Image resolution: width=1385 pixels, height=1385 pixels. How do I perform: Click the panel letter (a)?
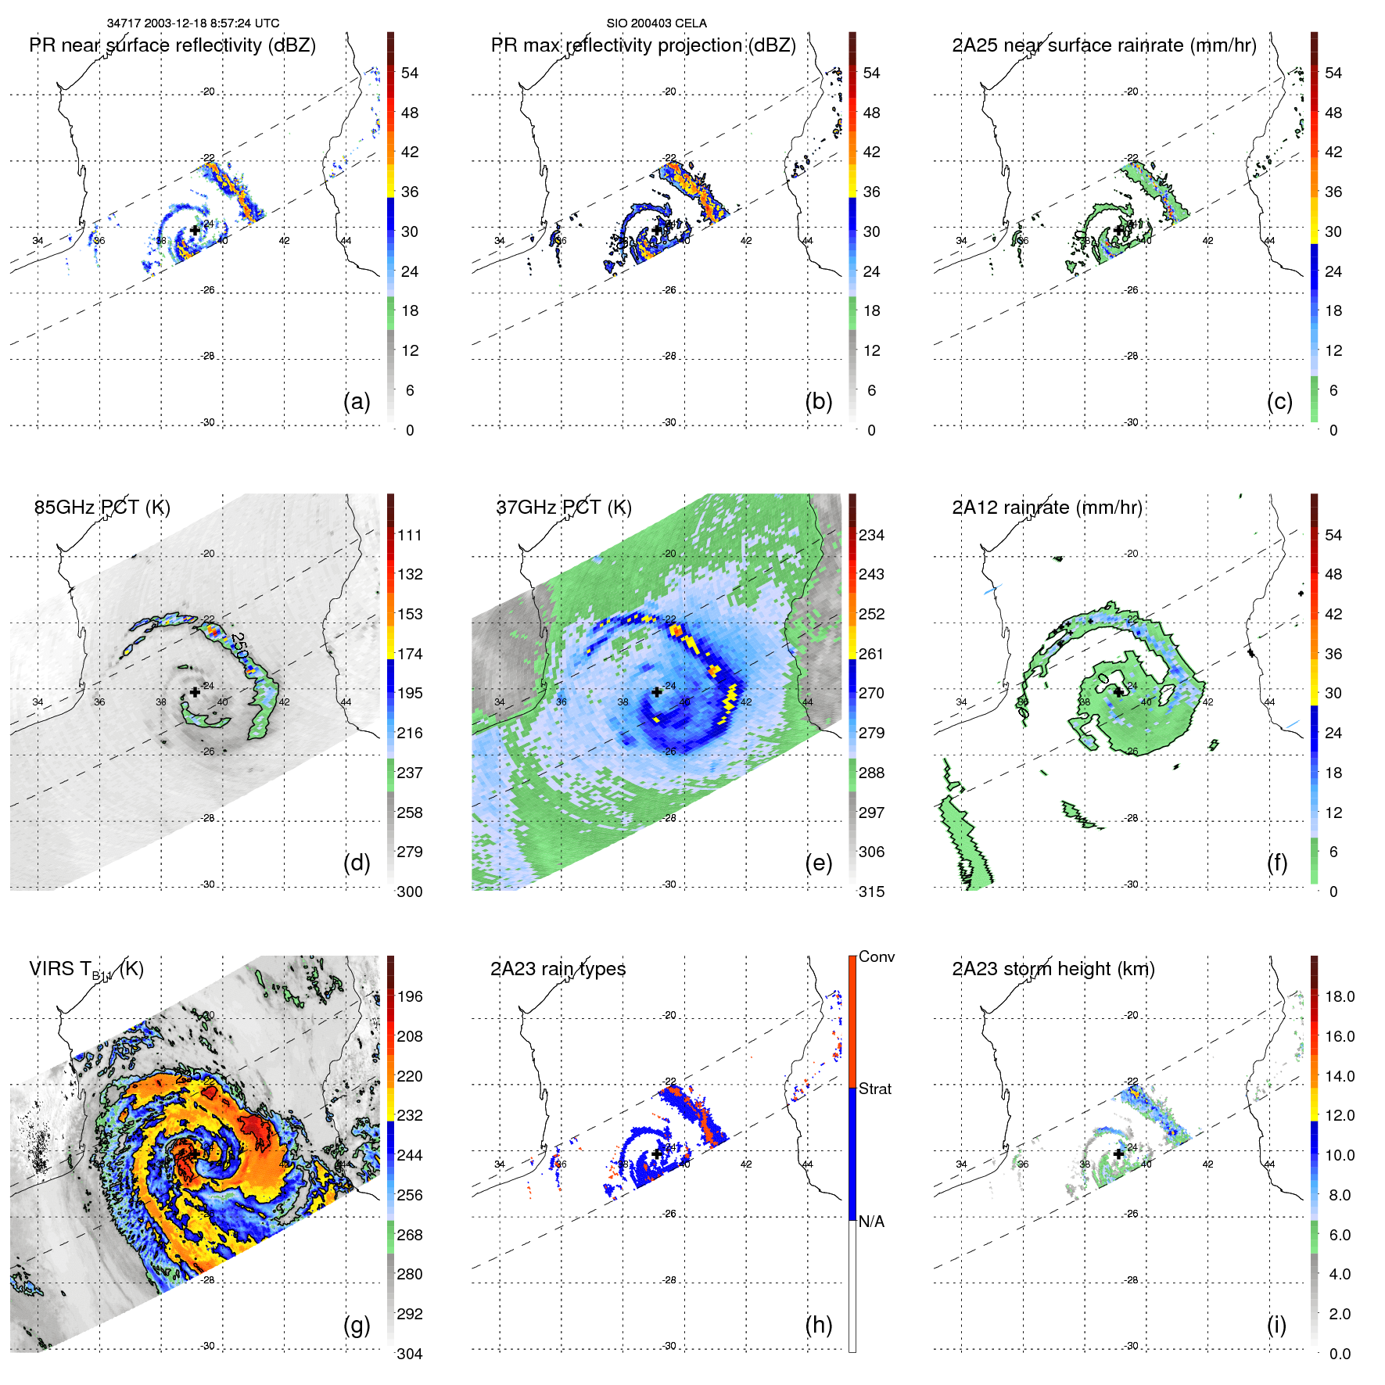pos(357,402)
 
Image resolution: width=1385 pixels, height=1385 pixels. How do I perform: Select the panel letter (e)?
pos(818,863)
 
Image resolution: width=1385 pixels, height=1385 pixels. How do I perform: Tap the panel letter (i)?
pos(1276,1325)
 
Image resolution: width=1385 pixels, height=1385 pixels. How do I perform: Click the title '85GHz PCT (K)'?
pos(102,508)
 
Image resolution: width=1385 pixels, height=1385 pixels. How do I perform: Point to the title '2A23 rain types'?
pos(558,969)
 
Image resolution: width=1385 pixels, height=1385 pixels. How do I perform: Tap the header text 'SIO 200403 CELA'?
pos(656,23)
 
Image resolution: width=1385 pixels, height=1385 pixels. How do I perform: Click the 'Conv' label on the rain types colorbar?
pos(876,957)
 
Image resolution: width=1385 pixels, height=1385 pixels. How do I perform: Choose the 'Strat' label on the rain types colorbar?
pos(875,1089)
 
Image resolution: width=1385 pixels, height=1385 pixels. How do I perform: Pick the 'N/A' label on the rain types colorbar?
pos(871,1222)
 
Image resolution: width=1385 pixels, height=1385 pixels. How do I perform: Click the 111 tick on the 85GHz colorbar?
pos(410,536)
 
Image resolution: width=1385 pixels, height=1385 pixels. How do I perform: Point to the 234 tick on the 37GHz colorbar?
pos(871,536)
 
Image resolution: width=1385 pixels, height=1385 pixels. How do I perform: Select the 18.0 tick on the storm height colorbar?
pos(1339,997)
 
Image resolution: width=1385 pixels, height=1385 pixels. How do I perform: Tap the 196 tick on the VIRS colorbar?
pos(410,997)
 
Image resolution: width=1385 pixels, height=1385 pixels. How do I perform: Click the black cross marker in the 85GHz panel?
pos(195,692)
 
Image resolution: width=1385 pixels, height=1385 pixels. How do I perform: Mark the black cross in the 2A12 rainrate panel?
pos(1118,692)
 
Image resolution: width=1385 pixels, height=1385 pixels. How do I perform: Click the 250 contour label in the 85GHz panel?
pos(239,646)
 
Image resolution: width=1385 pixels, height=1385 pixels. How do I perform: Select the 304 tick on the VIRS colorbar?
pos(410,1354)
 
